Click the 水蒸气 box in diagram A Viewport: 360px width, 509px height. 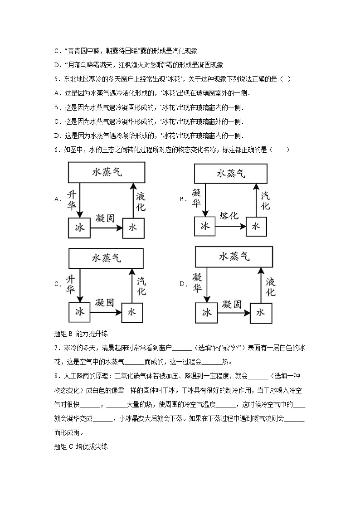click(x=107, y=173)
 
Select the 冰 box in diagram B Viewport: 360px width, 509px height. click(x=205, y=226)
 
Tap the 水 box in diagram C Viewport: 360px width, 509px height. click(x=132, y=312)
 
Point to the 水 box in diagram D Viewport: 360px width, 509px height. click(x=260, y=312)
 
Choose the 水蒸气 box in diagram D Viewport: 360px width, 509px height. click(x=234, y=257)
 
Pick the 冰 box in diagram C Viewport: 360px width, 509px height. click(x=80, y=312)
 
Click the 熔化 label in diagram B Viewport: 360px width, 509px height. click(x=229, y=216)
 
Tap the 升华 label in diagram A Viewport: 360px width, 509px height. click(x=71, y=200)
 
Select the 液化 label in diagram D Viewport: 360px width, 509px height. click(x=271, y=286)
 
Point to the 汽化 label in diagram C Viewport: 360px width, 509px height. click(x=141, y=286)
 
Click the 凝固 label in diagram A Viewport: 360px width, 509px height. click(x=105, y=218)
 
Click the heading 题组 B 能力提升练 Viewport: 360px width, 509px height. click(x=81, y=334)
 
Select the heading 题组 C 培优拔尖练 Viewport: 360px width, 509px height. click(x=81, y=446)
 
